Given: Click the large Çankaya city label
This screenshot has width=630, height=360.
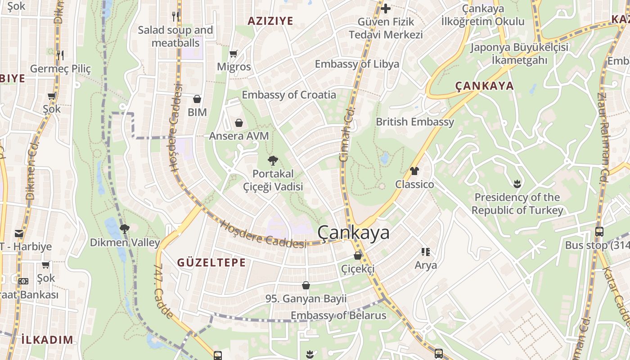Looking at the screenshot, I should pos(353,233).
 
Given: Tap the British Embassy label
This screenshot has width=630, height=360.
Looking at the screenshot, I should pos(415,121).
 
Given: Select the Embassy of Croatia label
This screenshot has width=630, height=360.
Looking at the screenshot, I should pos(289,94).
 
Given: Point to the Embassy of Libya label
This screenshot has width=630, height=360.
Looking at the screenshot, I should pos(357,64).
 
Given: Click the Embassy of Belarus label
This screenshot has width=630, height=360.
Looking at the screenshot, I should pos(338,315).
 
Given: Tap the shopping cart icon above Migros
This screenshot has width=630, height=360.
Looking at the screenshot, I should pos(234,54).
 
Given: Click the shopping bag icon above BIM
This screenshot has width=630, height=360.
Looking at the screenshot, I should pos(197,99).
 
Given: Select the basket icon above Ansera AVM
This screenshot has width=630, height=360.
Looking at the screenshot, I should pos(239,122).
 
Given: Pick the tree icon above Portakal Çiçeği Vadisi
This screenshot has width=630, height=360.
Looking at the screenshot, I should pos(273,160).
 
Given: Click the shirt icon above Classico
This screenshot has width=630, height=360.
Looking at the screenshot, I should pos(414,171).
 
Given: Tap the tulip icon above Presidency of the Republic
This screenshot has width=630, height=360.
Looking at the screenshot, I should pos(517,184).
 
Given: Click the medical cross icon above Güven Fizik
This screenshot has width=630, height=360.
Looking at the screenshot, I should pos(386,8).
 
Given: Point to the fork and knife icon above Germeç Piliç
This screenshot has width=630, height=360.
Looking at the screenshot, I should pos(60,55).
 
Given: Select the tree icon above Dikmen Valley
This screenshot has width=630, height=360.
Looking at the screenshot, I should pos(125,229).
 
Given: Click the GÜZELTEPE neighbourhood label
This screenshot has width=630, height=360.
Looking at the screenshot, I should pos(211,262).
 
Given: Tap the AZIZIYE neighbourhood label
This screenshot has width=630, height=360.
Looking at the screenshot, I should pos(270,21).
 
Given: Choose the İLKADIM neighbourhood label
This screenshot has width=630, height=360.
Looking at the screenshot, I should pos(47,339).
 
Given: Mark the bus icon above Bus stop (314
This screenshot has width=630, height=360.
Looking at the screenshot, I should pos(599,232).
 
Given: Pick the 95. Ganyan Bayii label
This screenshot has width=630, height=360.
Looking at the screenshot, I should pos(306,298).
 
